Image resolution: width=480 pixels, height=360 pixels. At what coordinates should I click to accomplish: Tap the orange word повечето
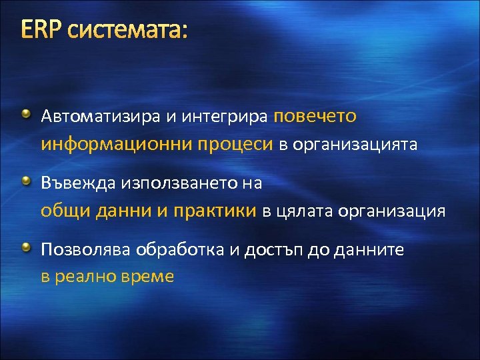[315, 117]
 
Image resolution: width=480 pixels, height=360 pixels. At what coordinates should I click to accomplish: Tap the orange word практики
[215, 212]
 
